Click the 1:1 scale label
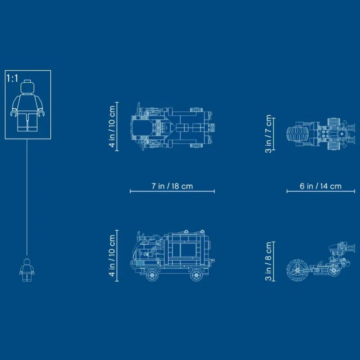click(12, 78)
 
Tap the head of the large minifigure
click(27, 86)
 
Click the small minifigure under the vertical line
click(27, 270)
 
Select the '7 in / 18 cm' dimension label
click(172, 186)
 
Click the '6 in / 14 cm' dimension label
click(321, 186)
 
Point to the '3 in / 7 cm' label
click(268, 134)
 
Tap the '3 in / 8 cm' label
click(268, 261)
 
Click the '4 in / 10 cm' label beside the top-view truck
click(112, 126)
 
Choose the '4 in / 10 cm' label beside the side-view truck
click(112, 255)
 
